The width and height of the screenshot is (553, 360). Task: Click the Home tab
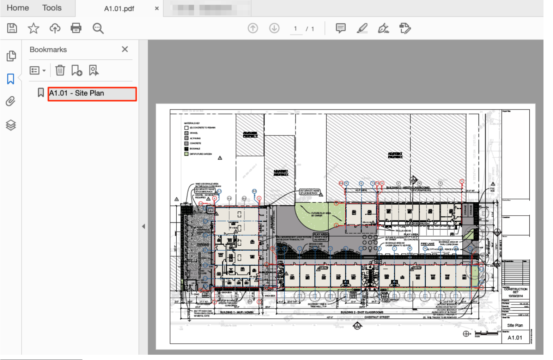18,8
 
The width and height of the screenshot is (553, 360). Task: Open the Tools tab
52,8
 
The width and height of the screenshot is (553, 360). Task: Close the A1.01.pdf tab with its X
157,8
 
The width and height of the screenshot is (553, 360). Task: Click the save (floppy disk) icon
12,28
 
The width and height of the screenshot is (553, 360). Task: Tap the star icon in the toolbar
34,28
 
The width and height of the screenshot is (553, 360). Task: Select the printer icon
76,28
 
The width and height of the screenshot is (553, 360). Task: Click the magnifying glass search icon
98,28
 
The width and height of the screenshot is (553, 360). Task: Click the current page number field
296,29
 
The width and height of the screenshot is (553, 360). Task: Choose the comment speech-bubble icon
340,28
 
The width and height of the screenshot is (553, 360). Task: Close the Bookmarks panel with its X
125,49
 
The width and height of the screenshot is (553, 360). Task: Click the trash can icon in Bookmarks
60,71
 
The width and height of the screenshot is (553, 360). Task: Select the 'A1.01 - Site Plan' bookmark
92,94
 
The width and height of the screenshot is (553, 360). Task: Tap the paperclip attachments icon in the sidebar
11,102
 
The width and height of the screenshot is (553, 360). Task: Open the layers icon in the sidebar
11,125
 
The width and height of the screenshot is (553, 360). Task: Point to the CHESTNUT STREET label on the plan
377,317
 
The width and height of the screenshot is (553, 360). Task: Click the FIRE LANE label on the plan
427,244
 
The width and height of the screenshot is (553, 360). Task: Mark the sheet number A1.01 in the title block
515,338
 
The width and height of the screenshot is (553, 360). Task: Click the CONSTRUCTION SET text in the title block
516,290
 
